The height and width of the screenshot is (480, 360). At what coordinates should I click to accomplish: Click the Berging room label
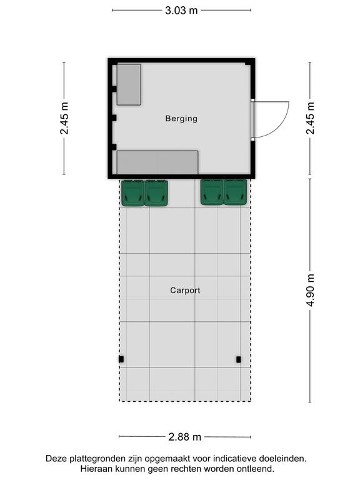coord(181,119)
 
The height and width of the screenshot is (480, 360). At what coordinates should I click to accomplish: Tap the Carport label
coord(185,290)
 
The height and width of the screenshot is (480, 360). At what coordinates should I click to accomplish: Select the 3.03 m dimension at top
coord(181,11)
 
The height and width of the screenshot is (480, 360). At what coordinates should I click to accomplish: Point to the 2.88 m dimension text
coord(184,436)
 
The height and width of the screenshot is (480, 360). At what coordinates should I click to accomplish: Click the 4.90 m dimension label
coord(310,290)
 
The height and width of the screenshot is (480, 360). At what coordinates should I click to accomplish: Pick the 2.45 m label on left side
coord(64,118)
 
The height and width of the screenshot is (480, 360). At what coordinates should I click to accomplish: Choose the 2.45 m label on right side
coord(310,118)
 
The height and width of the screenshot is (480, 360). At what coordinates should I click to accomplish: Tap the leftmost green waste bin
coord(133,193)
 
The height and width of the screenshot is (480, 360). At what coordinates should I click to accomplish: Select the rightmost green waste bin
coord(236,192)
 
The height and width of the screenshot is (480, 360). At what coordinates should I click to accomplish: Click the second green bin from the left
coord(156,193)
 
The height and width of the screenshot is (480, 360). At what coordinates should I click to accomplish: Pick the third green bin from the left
coord(212,192)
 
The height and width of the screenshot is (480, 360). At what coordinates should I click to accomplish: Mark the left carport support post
coord(121,359)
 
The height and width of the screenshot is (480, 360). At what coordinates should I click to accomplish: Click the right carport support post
coord(239,359)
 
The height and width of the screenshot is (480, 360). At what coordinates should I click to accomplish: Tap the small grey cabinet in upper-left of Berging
coord(129,84)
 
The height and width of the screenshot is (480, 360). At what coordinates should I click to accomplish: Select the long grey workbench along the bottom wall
coord(157,162)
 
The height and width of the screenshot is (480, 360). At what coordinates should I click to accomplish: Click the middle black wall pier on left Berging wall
coord(114,118)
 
